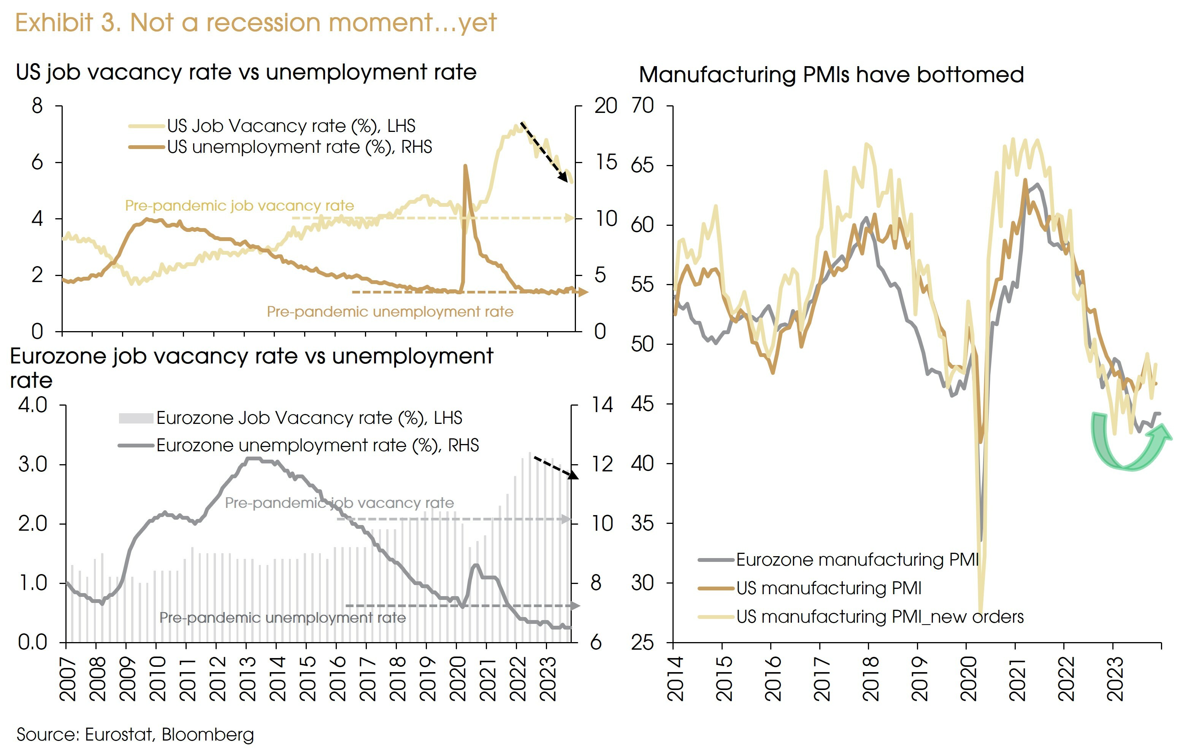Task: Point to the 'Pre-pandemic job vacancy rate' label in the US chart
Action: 239,205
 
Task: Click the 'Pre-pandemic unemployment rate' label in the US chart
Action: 390,312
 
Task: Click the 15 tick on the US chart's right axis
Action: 606,162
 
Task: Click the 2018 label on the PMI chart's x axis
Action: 870,679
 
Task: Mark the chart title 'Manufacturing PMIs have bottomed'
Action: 831,75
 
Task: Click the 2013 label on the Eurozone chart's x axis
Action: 247,679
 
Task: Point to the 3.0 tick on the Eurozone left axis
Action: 33,465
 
